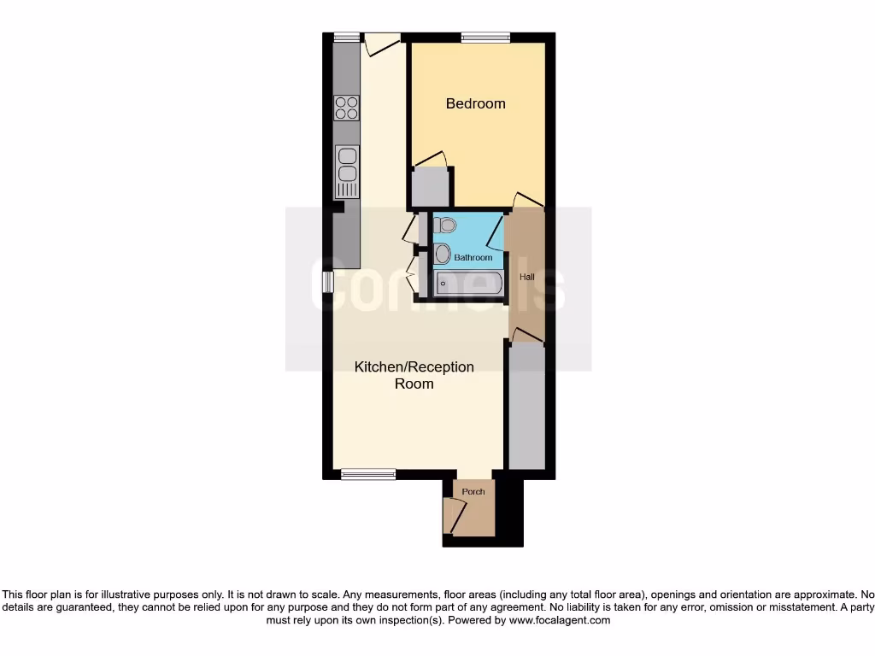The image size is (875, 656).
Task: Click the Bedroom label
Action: [476, 103]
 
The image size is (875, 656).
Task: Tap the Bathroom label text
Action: [473, 257]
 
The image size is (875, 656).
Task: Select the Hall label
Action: [526, 278]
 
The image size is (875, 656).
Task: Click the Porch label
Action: [473, 491]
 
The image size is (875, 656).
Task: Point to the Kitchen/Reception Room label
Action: [414, 375]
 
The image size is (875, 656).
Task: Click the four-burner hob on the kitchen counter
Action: [347, 107]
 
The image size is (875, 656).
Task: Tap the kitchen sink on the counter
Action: [347, 171]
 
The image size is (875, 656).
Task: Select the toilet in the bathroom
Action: [443, 225]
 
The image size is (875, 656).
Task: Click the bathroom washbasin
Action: [442, 254]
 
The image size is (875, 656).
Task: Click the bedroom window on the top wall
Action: [485, 37]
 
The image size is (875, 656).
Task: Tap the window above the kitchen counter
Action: [346, 37]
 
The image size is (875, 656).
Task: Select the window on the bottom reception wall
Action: [368, 473]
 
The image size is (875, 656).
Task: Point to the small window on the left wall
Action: [327, 282]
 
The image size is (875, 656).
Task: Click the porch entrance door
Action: [453, 517]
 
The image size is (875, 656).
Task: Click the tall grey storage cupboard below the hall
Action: [526, 406]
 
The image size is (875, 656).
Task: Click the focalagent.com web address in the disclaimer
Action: [559, 620]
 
